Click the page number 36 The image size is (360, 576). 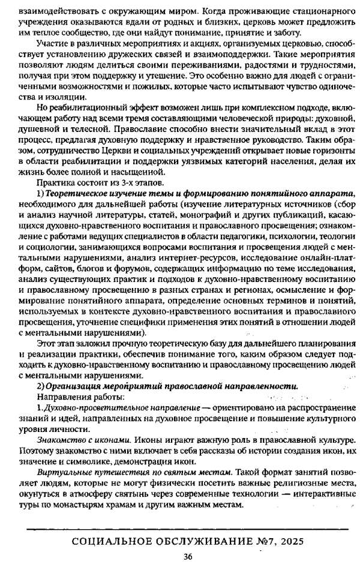click(x=187, y=557)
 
